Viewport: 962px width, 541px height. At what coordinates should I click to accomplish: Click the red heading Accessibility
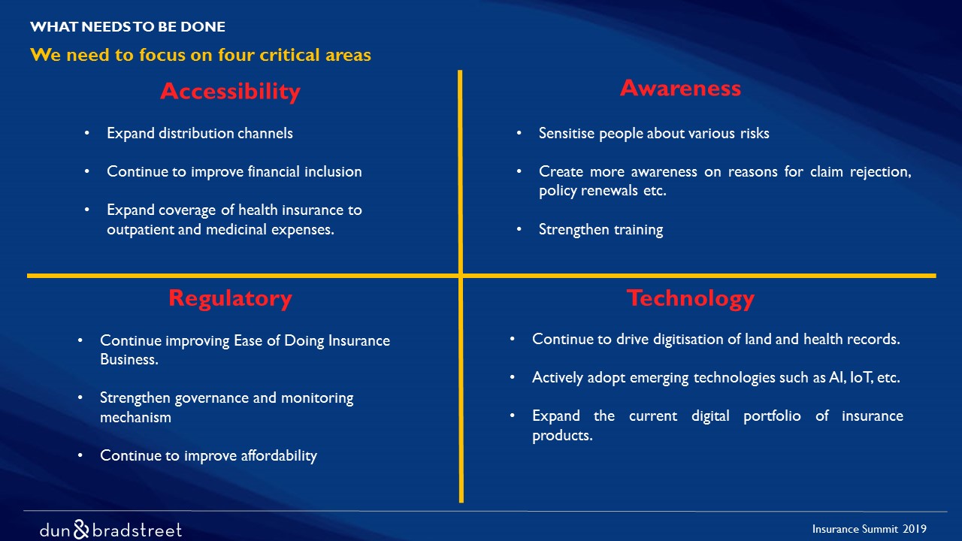pyautogui.click(x=230, y=92)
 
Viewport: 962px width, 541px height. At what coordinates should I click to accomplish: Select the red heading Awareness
pyautogui.click(x=681, y=88)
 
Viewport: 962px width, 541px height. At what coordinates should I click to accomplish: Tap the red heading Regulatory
pyautogui.click(x=230, y=299)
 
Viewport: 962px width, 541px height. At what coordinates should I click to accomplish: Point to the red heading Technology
pyautogui.click(x=691, y=299)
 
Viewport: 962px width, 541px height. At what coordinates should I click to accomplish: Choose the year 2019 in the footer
pyautogui.click(x=915, y=528)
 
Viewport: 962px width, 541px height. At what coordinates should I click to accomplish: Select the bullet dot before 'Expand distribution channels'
pyautogui.click(x=86, y=133)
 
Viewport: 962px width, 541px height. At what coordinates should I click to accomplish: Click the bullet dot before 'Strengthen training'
pyautogui.click(x=519, y=229)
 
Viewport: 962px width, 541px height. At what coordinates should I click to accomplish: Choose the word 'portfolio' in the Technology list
pyautogui.click(x=772, y=416)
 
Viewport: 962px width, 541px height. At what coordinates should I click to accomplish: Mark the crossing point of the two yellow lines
pyautogui.click(x=461, y=276)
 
